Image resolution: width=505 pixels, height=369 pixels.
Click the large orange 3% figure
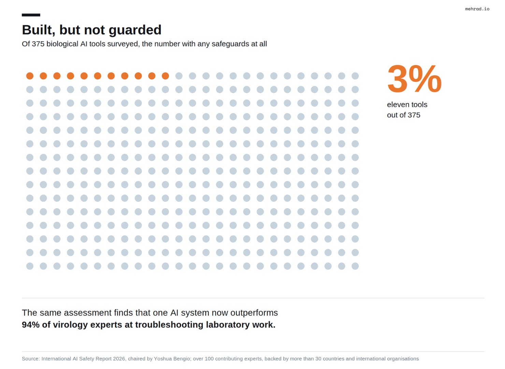click(414, 79)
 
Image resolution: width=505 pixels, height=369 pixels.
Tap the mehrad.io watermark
click(477, 9)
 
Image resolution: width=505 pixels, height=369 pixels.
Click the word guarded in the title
click(135, 30)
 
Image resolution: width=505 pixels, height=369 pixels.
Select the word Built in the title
click(39, 30)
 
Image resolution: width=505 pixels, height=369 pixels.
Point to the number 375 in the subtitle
click(38, 44)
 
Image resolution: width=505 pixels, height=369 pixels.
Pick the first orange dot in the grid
click(30, 76)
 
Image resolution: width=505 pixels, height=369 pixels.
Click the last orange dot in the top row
click(165, 76)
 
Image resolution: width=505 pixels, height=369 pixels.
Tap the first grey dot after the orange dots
click(179, 76)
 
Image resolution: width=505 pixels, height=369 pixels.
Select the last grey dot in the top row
click(355, 76)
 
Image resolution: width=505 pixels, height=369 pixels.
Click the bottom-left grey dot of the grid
click(30, 266)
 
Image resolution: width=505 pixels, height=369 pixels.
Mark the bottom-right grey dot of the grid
click(355, 266)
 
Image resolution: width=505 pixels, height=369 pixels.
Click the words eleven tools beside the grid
click(407, 105)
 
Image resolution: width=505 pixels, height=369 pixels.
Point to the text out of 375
click(404, 115)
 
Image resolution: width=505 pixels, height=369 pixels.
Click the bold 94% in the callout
click(31, 325)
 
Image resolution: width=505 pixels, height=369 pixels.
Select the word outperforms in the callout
click(254, 313)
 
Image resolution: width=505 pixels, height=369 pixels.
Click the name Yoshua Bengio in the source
click(172, 359)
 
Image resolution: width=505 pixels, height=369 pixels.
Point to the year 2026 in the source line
click(119, 359)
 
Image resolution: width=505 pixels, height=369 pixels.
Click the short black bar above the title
click(31, 15)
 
